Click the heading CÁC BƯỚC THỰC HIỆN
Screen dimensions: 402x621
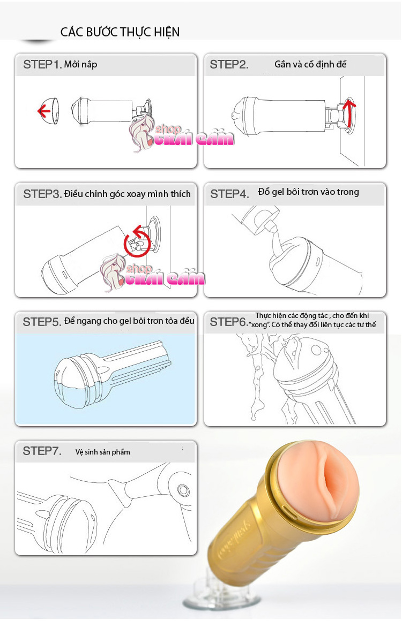pyautogui.click(x=120, y=32)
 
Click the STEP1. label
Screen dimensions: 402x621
pyautogui.click(x=42, y=64)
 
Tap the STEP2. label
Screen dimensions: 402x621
pyautogui.click(x=229, y=64)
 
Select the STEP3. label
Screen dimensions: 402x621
pyautogui.click(x=42, y=194)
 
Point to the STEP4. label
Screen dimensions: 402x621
pyautogui.click(x=229, y=194)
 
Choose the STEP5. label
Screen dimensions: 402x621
pyautogui.click(x=42, y=322)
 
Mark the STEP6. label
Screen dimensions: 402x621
pyautogui.click(x=229, y=322)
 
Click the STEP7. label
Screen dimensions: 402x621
pyautogui.click(x=42, y=451)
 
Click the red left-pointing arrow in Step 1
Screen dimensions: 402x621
pyautogui.click(x=43, y=111)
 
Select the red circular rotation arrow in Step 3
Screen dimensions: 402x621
pyautogui.click(x=137, y=240)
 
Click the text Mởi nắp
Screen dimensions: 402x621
pyautogui.click(x=80, y=64)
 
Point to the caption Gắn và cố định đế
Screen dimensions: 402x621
pyautogui.click(x=310, y=64)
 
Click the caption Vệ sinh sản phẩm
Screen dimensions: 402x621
pyautogui.click(x=103, y=452)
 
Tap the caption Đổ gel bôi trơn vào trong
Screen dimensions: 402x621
pyautogui.click(x=308, y=192)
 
